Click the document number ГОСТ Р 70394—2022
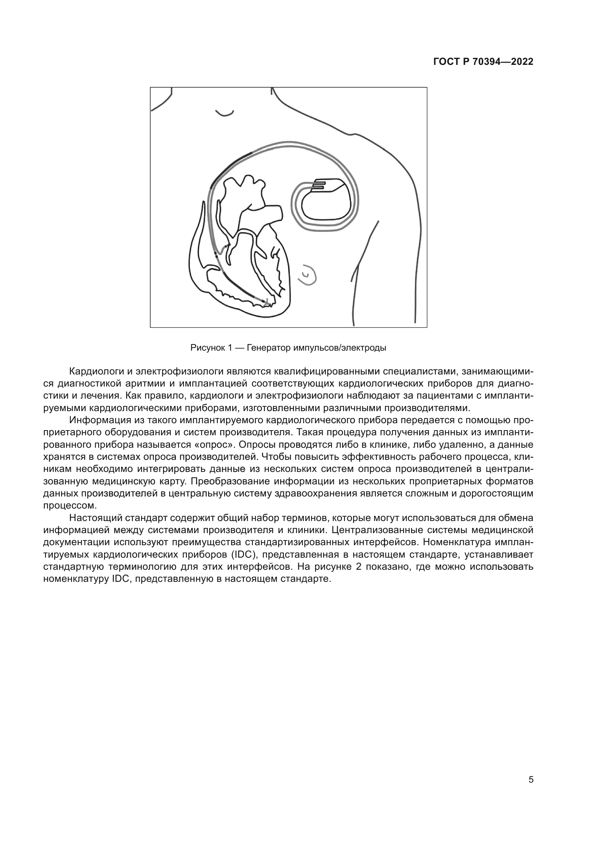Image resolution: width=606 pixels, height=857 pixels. pyautogui.click(x=483, y=62)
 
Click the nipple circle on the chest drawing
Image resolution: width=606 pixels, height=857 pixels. pyautogui.click(x=307, y=276)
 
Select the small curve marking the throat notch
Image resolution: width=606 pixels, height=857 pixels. pyautogui.click(x=225, y=113)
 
